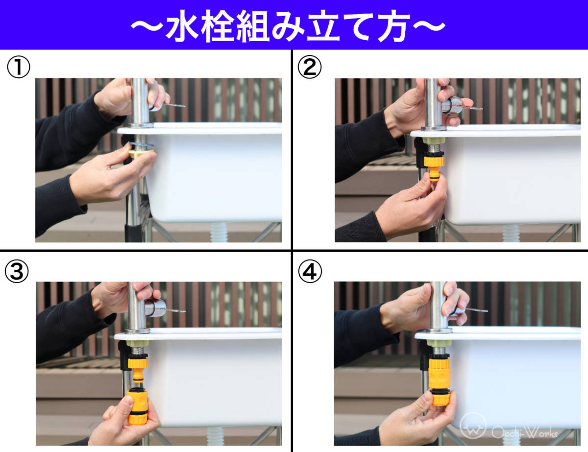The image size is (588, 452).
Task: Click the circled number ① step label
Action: point(19,67)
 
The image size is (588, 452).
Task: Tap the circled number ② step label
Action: point(310,67)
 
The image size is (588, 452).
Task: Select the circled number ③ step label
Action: point(17,271)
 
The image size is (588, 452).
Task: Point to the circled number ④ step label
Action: point(310,271)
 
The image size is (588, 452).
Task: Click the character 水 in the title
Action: point(182,26)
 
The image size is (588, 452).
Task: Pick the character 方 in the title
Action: point(393,26)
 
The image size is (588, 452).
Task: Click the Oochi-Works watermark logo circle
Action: point(473,426)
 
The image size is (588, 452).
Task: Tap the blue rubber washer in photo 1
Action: point(142,144)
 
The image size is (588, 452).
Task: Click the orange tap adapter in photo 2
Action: point(434,167)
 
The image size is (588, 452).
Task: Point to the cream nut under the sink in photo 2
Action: point(434,141)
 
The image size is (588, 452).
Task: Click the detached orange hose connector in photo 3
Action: point(138,406)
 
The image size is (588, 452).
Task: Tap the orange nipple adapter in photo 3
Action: point(138,369)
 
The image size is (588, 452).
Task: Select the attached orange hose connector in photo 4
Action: point(440,381)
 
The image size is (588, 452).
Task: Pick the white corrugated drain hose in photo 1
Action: point(219,232)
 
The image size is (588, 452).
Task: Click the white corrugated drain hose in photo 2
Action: point(511,233)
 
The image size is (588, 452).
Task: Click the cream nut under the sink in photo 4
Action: point(439,343)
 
